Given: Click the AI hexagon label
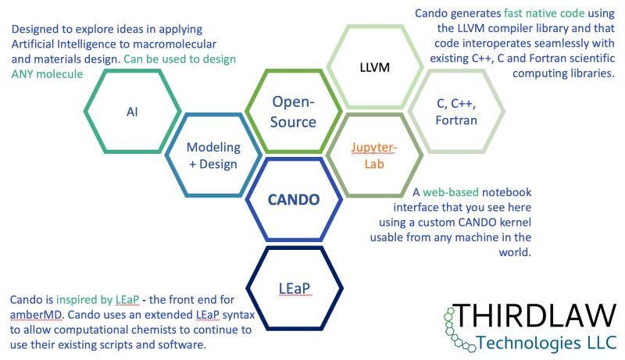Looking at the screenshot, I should coord(131,111).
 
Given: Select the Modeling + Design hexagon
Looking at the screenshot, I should coord(212,155).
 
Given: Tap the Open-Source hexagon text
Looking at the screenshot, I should coord(294,111).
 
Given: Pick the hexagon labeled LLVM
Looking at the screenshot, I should coord(373,68).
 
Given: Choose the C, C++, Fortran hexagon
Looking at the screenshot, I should coord(457,111).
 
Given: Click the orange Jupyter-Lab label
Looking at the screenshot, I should coord(373,155).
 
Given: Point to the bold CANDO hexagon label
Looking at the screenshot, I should coord(294,199).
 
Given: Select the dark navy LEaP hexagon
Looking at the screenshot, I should coord(294,288).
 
